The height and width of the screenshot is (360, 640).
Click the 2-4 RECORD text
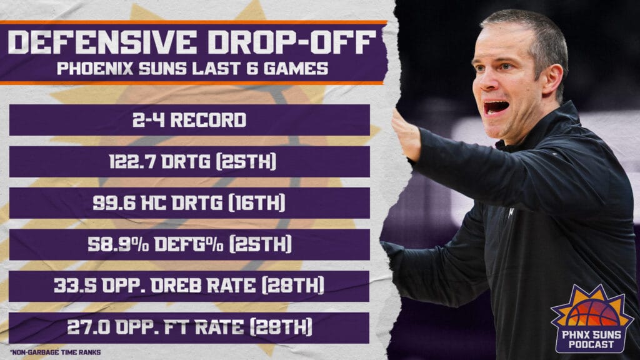(x=189, y=120)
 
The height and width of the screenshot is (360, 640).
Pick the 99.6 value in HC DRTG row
(x=122, y=204)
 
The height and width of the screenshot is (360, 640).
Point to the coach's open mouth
(x=496, y=107)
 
